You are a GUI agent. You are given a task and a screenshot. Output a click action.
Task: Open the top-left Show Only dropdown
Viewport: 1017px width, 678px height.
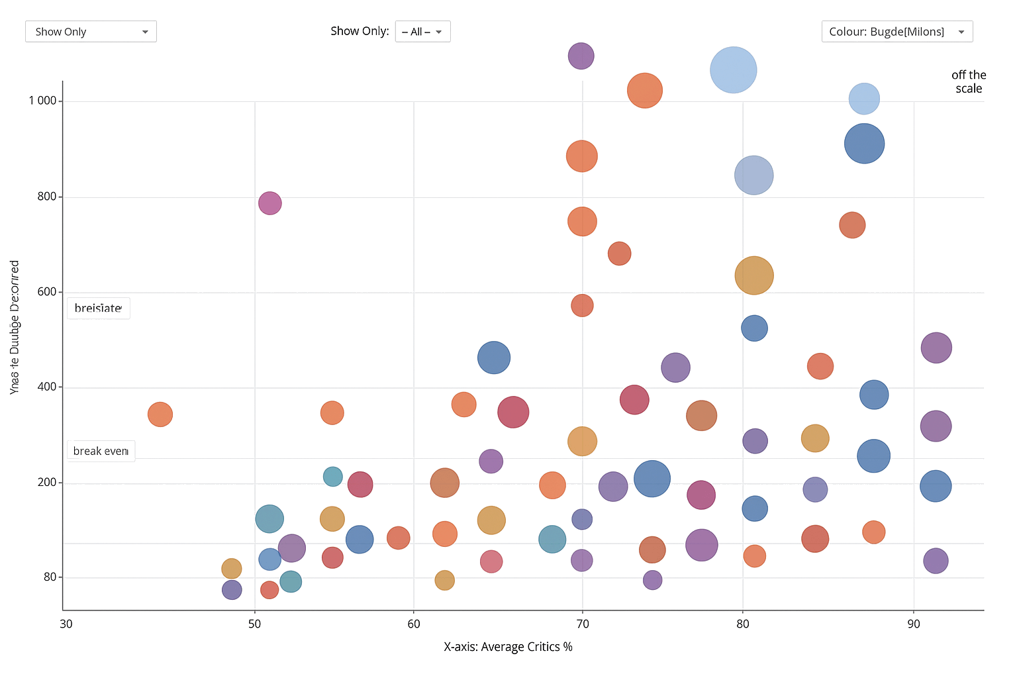(91, 32)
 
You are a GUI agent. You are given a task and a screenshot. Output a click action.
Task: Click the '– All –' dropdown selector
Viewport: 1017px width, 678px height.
(422, 32)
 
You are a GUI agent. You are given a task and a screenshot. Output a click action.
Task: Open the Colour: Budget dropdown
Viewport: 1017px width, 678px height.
(896, 32)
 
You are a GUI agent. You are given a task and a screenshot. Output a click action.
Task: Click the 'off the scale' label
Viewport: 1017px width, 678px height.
(969, 82)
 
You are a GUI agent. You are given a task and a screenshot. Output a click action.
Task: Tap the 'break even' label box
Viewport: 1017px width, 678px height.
(101, 451)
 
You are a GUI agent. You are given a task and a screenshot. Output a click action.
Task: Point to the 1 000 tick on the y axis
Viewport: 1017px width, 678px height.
(42, 101)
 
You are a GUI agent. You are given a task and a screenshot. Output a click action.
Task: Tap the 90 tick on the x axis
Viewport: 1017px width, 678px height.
(914, 624)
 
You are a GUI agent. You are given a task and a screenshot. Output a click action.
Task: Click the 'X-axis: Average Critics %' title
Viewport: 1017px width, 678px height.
(508, 647)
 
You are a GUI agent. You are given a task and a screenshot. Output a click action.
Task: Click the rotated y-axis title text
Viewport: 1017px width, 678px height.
(15, 328)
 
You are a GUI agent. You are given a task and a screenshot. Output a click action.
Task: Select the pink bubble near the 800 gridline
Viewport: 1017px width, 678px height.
(269, 203)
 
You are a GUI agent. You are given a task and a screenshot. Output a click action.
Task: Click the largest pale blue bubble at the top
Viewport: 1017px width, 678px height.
(733, 70)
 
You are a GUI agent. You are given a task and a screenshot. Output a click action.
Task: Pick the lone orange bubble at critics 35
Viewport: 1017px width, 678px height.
(160, 414)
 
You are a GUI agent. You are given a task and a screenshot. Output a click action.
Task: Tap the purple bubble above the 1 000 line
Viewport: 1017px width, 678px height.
(581, 56)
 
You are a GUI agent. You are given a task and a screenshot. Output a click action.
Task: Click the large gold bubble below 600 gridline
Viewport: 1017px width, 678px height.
(753, 275)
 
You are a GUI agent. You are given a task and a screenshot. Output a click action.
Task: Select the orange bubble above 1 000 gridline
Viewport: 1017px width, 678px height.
(644, 91)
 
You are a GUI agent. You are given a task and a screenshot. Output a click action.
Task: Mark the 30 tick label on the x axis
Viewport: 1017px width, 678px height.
(66, 624)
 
